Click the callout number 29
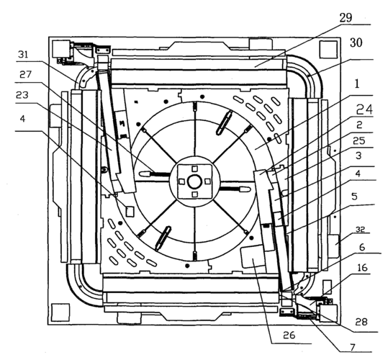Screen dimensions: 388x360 pyautogui.click(x=346, y=18)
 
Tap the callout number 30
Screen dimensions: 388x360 pyautogui.click(x=356, y=42)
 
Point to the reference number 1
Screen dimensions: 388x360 pyautogui.click(x=357, y=84)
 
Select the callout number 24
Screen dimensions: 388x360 pyautogui.click(x=364, y=109)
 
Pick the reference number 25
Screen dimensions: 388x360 pyautogui.click(x=359, y=140)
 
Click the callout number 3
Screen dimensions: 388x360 pyautogui.click(x=358, y=156)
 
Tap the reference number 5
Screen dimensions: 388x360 pyautogui.click(x=355, y=197)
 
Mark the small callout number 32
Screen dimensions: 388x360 pyautogui.click(x=360, y=230)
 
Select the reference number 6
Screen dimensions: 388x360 pyautogui.click(x=362, y=247)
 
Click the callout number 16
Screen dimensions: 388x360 pyautogui.click(x=363, y=268)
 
